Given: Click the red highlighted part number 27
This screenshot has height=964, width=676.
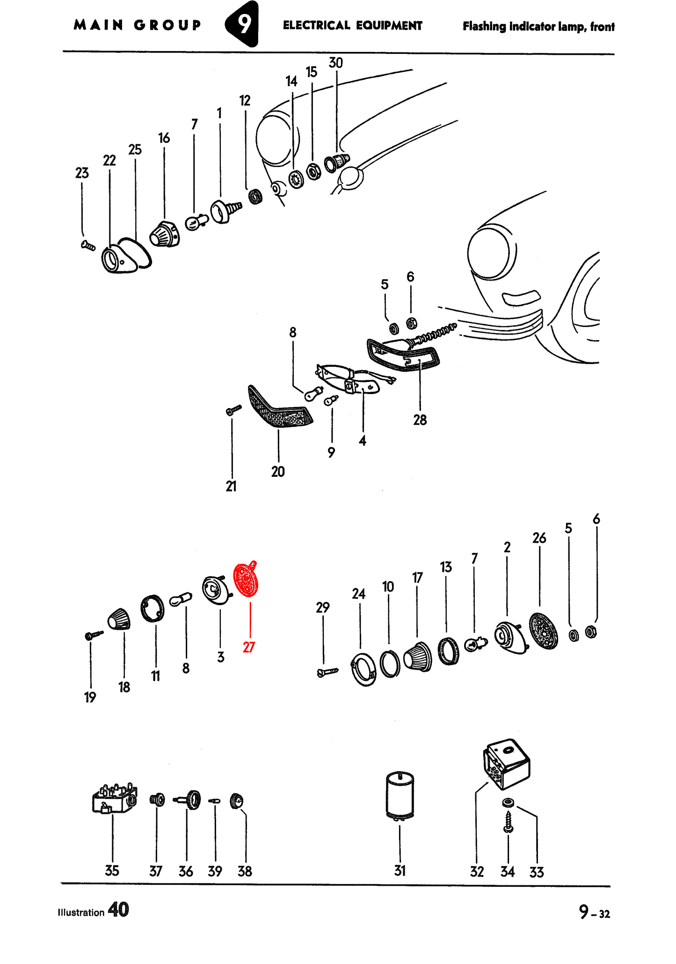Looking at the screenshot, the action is click(249, 647).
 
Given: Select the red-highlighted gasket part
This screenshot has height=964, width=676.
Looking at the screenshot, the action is click(246, 579).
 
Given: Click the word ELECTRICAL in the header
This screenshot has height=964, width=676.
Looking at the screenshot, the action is click(316, 25).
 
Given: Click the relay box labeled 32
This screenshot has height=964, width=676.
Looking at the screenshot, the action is click(507, 764).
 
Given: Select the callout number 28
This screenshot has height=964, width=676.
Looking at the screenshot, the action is click(420, 420).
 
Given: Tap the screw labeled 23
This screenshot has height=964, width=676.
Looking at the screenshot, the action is click(88, 245).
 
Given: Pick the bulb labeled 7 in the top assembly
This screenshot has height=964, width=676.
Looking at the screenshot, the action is click(197, 222).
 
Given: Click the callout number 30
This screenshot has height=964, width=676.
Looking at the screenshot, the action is click(336, 63).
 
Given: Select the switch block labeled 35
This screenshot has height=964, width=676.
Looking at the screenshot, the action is click(115, 799).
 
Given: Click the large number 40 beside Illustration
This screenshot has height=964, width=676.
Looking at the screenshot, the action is click(118, 910).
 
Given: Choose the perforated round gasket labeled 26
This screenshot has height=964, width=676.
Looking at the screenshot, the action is click(544, 631).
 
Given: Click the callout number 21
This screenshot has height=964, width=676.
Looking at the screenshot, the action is click(231, 487).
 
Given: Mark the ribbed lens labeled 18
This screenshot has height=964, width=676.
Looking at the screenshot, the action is click(119, 620).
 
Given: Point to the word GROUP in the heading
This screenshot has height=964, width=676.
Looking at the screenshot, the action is click(167, 25).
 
